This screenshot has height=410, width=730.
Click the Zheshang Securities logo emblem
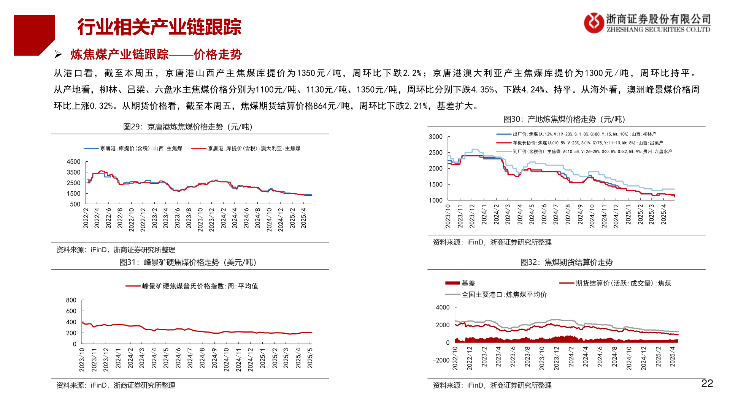click(x=594, y=23)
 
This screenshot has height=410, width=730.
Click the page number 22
click(x=707, y=383)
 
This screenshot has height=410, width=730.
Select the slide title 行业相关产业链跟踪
click(x=159, y=27)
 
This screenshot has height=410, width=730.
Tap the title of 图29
click(x=188, y=127)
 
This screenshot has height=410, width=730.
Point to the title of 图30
click(x=564, y=119)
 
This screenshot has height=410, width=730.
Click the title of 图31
click(x=188, y=262)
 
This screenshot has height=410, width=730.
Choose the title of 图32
click(x=566, y=262)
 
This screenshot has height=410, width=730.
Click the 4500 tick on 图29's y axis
click(x=73, y=162)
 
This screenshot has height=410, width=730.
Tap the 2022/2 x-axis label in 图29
click(x=86, y=218)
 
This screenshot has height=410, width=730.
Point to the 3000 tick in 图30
click(x=435, y=137)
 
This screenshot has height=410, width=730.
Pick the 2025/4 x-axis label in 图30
click(x=663, y=214)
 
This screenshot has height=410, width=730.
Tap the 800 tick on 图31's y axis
click(x=71, y=300)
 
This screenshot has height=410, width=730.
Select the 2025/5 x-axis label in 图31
click(x=310, y=358)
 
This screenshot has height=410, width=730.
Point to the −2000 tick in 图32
click(x=441, y=360)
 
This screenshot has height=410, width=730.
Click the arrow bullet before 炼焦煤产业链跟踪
click(x=58, y=55)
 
